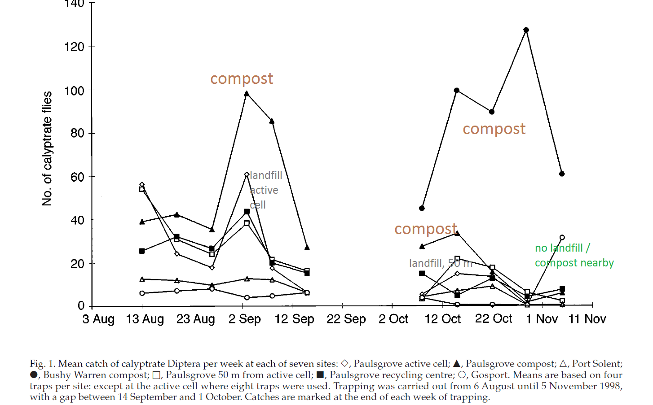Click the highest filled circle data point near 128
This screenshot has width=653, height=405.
click(x=526, y=30)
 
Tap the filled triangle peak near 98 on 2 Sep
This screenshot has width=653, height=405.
click(x=247, y=94)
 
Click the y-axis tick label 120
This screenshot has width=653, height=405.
click(x=74, y=47)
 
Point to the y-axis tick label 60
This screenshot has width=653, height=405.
click(x=77, y=177)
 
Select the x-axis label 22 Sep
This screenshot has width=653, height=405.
click(x=346, y=319)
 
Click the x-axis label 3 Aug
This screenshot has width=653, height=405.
click(x=98, y=319)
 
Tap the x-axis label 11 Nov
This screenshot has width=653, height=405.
click(x=587, y=319)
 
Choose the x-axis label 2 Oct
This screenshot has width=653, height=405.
click(x=393, y=319)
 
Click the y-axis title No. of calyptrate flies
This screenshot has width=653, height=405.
click(x=47, y=148)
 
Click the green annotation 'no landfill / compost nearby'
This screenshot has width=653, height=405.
click(x=574, y=255)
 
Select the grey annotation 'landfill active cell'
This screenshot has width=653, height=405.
click(x=265, y=190)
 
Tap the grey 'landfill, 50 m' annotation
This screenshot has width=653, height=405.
click(x=441, y=263)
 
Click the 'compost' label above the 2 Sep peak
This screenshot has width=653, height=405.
click(x=242, y=79)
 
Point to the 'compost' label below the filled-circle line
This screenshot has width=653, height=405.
click(x=494, y=129)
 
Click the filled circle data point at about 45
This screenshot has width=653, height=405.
click(x=422, y=208)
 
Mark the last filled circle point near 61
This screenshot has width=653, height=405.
click(x=562, y=174)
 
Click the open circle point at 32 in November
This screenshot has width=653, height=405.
click(x=562, y=237)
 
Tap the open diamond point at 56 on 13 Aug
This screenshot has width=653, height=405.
click(x=142, y=185)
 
